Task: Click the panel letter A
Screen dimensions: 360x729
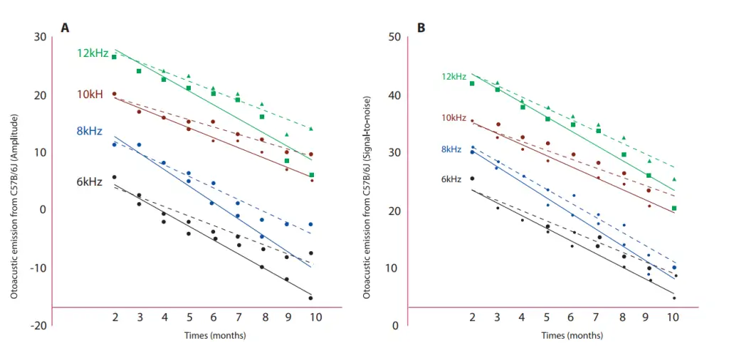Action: tap(65, 28)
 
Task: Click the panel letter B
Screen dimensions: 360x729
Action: tap(421, 28)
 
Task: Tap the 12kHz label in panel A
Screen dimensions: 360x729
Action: tap(93, 53)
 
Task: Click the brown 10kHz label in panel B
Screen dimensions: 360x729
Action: tap(453, 117)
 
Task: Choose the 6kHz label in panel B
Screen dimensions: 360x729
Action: tap(451, 179)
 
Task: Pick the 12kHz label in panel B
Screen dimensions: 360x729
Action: tap(453, 77)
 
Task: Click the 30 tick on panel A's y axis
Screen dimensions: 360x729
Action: tap(40, 37)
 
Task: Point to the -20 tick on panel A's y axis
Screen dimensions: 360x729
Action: tap(38, 326)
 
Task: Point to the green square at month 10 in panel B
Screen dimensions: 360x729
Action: tap(674, 208)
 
